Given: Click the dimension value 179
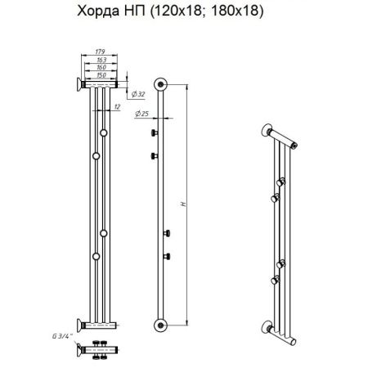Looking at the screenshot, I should (100, 54).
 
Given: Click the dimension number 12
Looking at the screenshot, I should (118, 105).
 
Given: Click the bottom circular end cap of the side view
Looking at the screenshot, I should (161, 321).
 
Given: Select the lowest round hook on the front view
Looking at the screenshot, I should (96, 256).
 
